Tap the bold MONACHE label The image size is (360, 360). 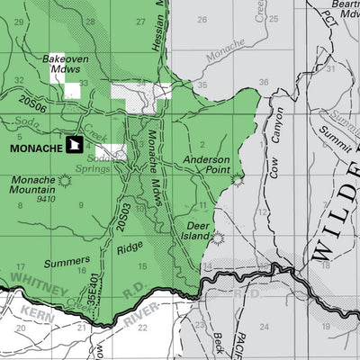point(37,147)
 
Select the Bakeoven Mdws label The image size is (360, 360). point(64,63)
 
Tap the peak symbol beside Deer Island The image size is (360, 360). point(217,238)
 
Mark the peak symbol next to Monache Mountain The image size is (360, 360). point(64,181)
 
